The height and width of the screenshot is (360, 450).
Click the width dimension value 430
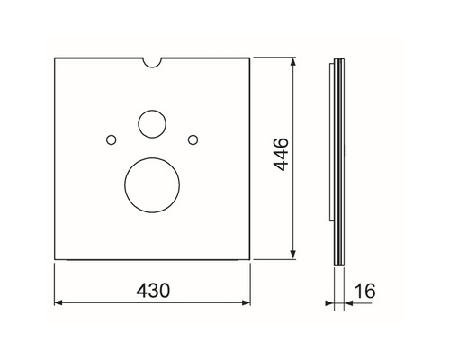tap(154, 290)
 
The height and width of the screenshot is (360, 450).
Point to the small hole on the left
tap(110, 139)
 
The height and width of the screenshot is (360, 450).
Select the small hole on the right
tap(192, 138)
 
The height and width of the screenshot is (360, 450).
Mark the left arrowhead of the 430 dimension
tap(58, 303)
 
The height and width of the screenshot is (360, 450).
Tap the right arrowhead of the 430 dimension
tap(248, 303)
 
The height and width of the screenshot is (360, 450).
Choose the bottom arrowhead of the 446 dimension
tap(294, 258)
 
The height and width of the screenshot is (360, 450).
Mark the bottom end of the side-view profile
tap(337, 263)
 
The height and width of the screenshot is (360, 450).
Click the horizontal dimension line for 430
tap(99, 303)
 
